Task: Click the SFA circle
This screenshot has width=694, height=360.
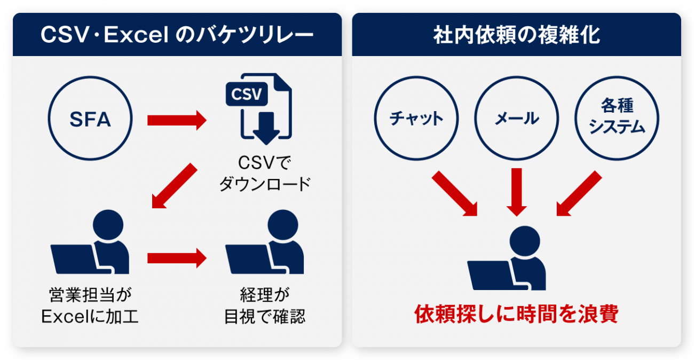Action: click(x=90, y=119)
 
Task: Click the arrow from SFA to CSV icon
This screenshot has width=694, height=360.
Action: click(x=176, y=120)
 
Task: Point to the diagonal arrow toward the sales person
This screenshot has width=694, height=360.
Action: click(x=174, y=186)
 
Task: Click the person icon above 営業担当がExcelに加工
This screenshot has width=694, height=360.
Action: click(x=91, y=242)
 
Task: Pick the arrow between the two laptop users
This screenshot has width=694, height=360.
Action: click(x=176, y=258)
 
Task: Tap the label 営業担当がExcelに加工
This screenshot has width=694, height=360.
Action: click(x=90, y=306)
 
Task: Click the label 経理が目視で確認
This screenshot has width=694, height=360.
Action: click(x=265, y=306)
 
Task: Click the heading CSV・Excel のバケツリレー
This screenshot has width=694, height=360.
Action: click(x=177, y=35)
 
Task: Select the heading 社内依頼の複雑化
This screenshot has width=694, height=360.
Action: click(x=516, y=35)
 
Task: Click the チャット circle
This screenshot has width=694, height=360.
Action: click(x=416, y=119)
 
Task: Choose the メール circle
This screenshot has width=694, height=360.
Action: click(x=516, y=119)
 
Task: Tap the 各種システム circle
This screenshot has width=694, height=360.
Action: click(x=617, y=119)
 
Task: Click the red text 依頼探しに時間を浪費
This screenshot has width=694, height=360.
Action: click(x=516, y=315)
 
